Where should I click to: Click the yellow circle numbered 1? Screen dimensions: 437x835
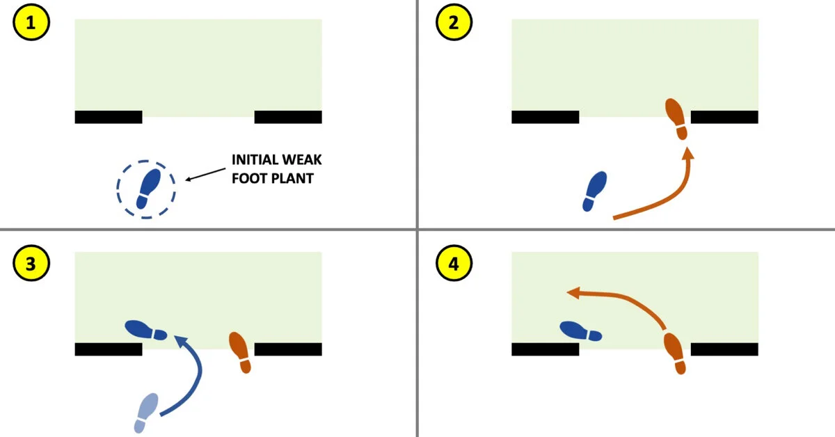30,24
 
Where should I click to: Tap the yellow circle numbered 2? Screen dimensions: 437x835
453,24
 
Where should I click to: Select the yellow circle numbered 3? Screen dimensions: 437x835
30,264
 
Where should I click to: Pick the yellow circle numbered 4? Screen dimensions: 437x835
453,264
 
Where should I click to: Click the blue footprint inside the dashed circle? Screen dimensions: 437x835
148,188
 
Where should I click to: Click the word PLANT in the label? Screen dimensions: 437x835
298,177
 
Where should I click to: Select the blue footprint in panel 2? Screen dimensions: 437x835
595,191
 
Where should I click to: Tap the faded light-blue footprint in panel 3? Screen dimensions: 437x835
148,412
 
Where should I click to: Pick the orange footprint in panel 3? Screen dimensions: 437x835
241,351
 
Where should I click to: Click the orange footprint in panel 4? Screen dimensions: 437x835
676,353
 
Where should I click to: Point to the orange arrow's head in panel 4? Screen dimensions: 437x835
573,293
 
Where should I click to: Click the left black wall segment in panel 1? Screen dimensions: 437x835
108,117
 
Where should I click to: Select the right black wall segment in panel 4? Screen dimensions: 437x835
724,349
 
